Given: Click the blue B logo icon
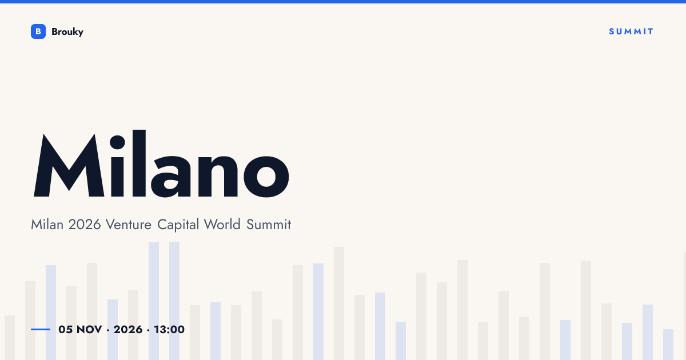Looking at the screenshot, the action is click(x=38, y=31).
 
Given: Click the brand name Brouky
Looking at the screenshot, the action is click(x=67, y=32).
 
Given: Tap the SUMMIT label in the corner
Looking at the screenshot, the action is click(x=631, y=31).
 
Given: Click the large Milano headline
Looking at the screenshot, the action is click(x=161, y=164).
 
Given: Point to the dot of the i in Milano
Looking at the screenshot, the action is click(x=117, y=142).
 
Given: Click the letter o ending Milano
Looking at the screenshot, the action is click(x=266, y=177).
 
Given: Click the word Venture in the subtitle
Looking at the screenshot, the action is click(x=128, y=225).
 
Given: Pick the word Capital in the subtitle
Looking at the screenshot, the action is click(x=178, y=225).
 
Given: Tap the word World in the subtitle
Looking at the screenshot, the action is click(x=222, y=225).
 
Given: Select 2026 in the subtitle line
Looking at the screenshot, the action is click(x=85, y=225).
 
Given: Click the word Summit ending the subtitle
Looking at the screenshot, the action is click(x=269, y=225).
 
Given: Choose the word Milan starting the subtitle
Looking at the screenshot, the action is click(x=47, y=225).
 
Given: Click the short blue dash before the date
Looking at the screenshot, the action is click(x=41, y=329).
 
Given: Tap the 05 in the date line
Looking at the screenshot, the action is click(x=66, y=330).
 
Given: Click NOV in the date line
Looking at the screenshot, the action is click(x=89, y=330).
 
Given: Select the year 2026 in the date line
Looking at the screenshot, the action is click(x=128, y=330).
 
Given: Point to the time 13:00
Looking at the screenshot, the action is click(x=169, y=330).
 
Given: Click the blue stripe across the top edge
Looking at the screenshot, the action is click(x=343, y=2).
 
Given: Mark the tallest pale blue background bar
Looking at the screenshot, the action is click(x=174, y=301).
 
